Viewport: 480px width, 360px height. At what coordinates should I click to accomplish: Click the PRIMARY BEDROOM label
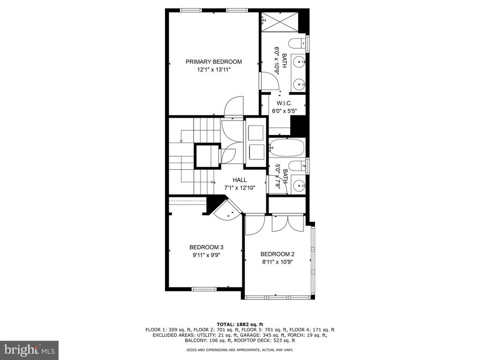(x=214, y=62)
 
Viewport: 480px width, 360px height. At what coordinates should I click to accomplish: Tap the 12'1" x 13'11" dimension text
(x=214, y=70)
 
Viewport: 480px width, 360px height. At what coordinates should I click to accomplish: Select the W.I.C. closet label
(x=285, y=104)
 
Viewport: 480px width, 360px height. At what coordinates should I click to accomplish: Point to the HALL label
(x=240, y=180)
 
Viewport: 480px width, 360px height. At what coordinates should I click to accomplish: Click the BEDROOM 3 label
(x=206, y=247)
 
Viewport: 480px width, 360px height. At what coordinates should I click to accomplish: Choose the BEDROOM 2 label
(x=277, y=254)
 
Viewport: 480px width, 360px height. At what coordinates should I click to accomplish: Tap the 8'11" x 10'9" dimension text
(x=277, y=262)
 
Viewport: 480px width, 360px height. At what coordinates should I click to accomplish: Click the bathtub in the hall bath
(x=286, y=148)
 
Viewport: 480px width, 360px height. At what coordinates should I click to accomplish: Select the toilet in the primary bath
(x=297, y=44)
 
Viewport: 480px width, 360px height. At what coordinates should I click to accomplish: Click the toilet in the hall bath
(x=297, y=166)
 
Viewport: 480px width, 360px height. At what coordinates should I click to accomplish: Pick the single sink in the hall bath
(x=298, y=185)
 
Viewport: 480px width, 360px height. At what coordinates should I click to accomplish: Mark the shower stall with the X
(x=279, y=22)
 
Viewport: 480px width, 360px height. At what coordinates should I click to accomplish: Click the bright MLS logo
(x=30, y=349)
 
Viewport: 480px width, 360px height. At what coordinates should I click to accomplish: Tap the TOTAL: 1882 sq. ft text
(x=240, y=324)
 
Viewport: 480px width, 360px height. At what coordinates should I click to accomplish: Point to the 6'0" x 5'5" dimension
(x=285, y=112)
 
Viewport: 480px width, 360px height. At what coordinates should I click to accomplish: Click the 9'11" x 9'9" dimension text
(x=206, y=255)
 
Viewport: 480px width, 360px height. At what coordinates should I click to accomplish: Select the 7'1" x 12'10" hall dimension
(x=240, y=188)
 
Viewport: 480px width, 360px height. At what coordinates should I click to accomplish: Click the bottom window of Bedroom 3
(x=204, y=289)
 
